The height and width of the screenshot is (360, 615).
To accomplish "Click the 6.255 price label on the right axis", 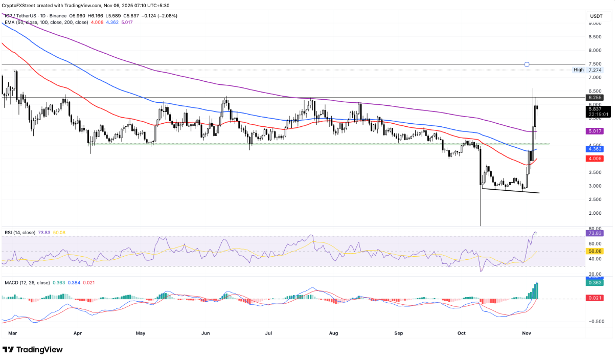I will [x=595, y=97].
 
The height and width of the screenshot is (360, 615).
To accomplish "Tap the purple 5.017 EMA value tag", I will [x=595, y=131].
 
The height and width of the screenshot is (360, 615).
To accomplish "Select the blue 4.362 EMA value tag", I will [x=595, y=149].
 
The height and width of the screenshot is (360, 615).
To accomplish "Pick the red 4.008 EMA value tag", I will [x=595, y=159].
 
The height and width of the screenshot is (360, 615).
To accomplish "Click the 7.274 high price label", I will [x=595, y=70].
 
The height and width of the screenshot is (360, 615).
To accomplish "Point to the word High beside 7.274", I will [x=579, y=70].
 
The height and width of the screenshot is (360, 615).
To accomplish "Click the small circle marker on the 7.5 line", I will [x=527, y=64].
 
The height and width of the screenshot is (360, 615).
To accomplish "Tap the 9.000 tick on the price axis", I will [x=595, y=23].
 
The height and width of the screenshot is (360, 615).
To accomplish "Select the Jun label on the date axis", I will [x=206, y=333].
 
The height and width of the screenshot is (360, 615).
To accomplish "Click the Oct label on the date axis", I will [x=462, y=333].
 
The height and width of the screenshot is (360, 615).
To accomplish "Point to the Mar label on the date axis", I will [x=13, y=333].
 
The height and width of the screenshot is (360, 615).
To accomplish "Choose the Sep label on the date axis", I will [x=399, y=333].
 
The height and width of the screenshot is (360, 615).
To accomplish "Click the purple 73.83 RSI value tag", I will [x=595, y=233].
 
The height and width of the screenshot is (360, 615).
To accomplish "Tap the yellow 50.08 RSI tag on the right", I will [x=595, y=252].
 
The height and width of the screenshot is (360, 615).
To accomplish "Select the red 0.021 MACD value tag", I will [x=595, y=299].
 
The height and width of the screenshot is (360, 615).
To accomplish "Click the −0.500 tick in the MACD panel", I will [x=595, y=321].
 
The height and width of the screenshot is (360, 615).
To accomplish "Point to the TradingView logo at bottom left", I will [x=33, y=350].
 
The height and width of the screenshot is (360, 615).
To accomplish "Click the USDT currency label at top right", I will [x=596, y=16].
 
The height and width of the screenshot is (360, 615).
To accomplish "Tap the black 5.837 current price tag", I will [x=595, y=108].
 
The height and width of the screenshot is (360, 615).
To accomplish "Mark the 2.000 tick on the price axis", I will [x=595, y=213].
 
